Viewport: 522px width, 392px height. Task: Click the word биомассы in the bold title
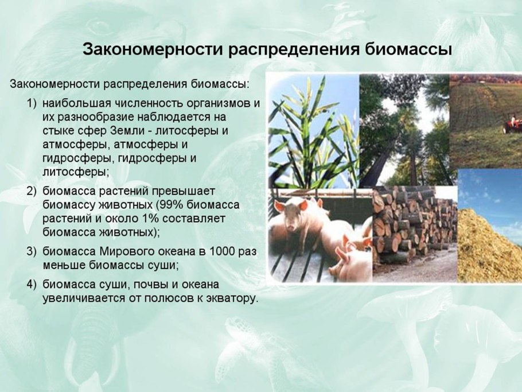(408, 49)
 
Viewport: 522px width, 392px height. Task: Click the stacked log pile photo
(415, 234)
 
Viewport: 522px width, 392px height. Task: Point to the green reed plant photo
(314, 130)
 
